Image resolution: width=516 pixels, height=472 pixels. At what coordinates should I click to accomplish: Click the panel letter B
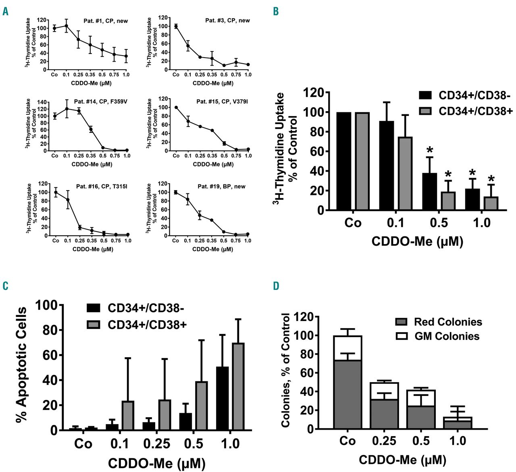(x=276, y=11)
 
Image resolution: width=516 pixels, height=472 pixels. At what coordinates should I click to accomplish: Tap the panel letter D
(x=276, y=286)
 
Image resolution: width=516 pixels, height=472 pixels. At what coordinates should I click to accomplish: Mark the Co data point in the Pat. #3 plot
(x=176, y=26)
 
